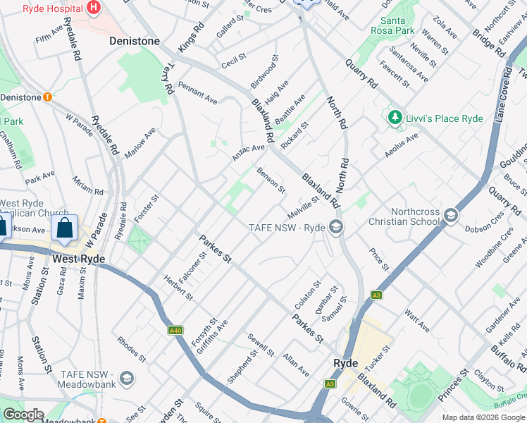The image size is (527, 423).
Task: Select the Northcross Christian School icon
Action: pyautogui.click(x=450, y=215)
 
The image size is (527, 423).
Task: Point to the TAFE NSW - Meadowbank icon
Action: pyautogui.click(x=127, y=379)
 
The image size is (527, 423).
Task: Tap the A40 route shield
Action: pyautogui.click(x=175, y=330)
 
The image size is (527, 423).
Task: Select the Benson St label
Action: pyautogui.click(x=271, y=180)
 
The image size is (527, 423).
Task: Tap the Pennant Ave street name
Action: pyautogui.click(x=197, y=92)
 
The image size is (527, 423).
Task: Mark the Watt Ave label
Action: pyautogui.click(x=417, y=319)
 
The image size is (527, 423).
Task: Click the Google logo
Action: pyautogui.click(x=23, y=415)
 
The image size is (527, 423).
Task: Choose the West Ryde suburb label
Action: pyautogui.click(x=79, y=259)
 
